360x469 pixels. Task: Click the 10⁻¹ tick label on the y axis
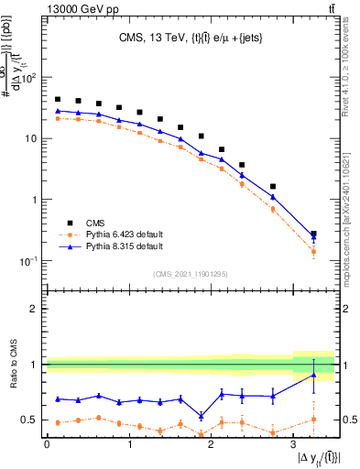[x=31, y=260]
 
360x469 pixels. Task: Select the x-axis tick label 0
[x=47, y=445]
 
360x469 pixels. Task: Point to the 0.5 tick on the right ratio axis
[x=346, y=420]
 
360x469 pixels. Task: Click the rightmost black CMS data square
[x=314, y=234]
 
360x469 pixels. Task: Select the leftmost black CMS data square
[x=58, y=99]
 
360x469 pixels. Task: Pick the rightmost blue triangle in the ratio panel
[x=314, y=375]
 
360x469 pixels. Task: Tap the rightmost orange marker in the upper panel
[x=314, y=251]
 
